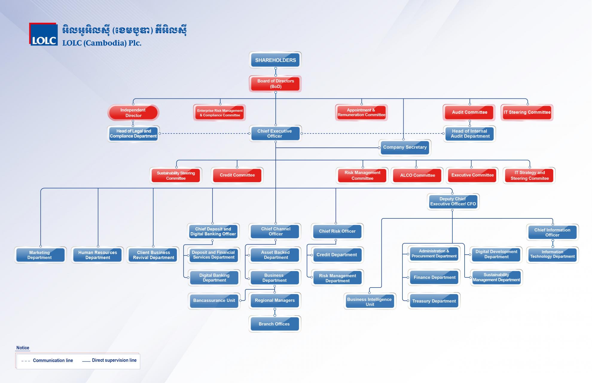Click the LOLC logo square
point(43,34)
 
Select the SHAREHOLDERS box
point(275,60)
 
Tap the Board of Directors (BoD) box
point(275,83)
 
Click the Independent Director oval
point(133,113)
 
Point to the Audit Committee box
point(469,112)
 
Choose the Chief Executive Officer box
point(275,133)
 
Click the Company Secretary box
point(405,147)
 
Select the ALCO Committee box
point(417,175)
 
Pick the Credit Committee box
point(237,175)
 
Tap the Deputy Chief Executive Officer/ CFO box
point(453,201)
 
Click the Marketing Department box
point(40,255)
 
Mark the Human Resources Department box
point(97,255)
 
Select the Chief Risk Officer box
point(337,231)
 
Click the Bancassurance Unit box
point(214,301)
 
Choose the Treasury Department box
point(434,301)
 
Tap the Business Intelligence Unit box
point(370,302)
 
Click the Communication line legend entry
point(47,361)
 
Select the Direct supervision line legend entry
point(109,360)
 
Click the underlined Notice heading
point(23,348)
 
